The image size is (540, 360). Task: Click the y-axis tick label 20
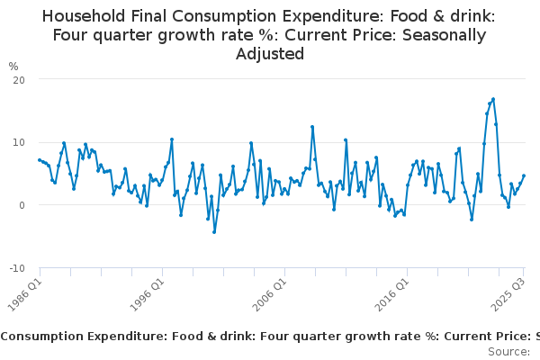[18, 79]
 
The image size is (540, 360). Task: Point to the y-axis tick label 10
[18, 142]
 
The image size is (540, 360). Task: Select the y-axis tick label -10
[16, 268]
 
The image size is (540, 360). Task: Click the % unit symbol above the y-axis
[13, 66]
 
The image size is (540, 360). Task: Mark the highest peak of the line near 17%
[493, 99]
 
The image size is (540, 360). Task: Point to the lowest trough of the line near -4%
[214, 232]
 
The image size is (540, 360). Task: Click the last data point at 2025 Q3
[524, 175]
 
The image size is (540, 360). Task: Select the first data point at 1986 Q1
[40, 160]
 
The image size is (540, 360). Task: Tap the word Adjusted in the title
[270, 54]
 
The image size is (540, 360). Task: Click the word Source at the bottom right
[508, 351]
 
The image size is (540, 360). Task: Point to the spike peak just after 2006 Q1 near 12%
[312, 127]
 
